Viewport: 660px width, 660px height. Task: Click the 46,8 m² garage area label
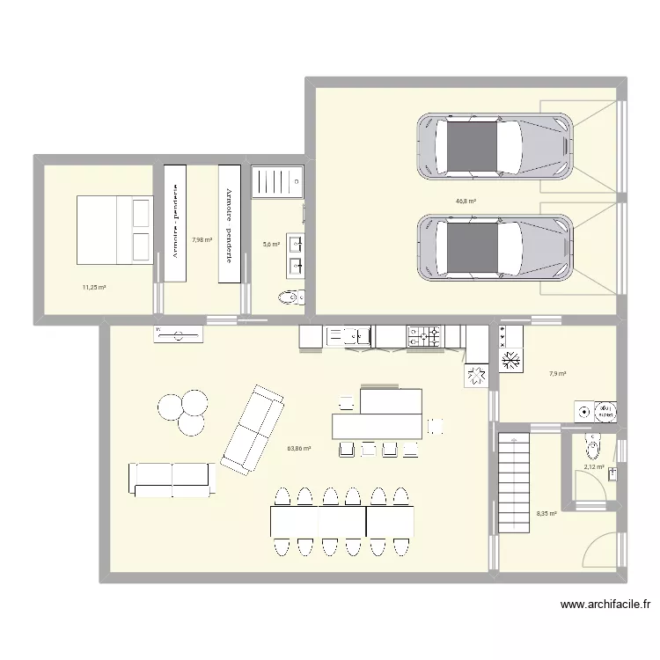point(466,201)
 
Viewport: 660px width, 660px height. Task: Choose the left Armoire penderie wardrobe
point(175,224)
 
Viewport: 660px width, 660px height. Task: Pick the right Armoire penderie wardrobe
point(229,224)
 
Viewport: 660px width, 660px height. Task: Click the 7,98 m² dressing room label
point(202,238)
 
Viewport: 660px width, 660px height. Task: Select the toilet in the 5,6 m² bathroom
point(290,297)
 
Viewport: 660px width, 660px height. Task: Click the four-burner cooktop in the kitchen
point(424,334)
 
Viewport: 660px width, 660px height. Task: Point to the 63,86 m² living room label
point(299,448)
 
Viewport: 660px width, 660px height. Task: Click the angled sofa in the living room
point(253,427)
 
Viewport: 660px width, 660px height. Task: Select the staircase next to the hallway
point(512,481)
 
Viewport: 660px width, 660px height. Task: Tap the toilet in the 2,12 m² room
point(593,449)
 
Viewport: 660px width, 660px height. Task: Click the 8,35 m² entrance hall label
point(546,514)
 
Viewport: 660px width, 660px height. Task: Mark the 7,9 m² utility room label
point(557,374)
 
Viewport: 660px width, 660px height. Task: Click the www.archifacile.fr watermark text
point(605,605)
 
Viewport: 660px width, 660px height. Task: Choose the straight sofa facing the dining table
point(172,479)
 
